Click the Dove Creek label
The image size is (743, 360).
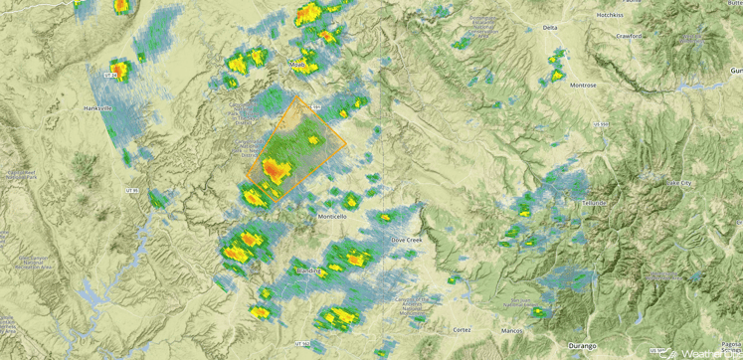tap(407, 240)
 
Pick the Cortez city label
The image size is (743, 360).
tap(462, 328)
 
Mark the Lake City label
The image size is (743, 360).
tap(680, 184)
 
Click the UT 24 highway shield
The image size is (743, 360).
tap(111, 74)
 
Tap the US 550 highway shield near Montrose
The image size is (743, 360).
tap(600, 124)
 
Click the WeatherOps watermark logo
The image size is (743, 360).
tap(706, 352)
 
